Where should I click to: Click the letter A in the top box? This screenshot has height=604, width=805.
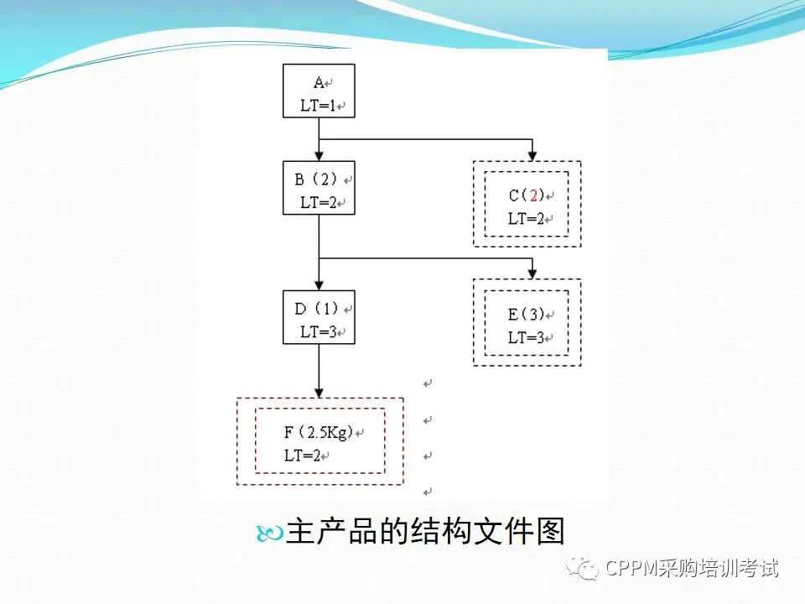pos(319,82)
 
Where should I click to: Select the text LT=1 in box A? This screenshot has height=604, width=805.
pos(318,107)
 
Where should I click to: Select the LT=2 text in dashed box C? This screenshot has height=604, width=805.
pos(526,219)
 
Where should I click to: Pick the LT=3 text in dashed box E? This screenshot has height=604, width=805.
pos(526,338)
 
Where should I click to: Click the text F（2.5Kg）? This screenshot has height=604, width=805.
pos(318,433)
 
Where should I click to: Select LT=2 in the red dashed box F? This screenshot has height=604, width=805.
pos(302,456)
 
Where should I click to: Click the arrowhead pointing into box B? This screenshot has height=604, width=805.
pos(319,156)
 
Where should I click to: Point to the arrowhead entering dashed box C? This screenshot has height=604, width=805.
pos(532,156)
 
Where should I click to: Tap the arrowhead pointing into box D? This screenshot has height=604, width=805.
pos(319,285)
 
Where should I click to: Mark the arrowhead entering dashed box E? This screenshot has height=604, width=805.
pos(532,274)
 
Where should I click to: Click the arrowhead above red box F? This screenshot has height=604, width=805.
pos(319,392)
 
